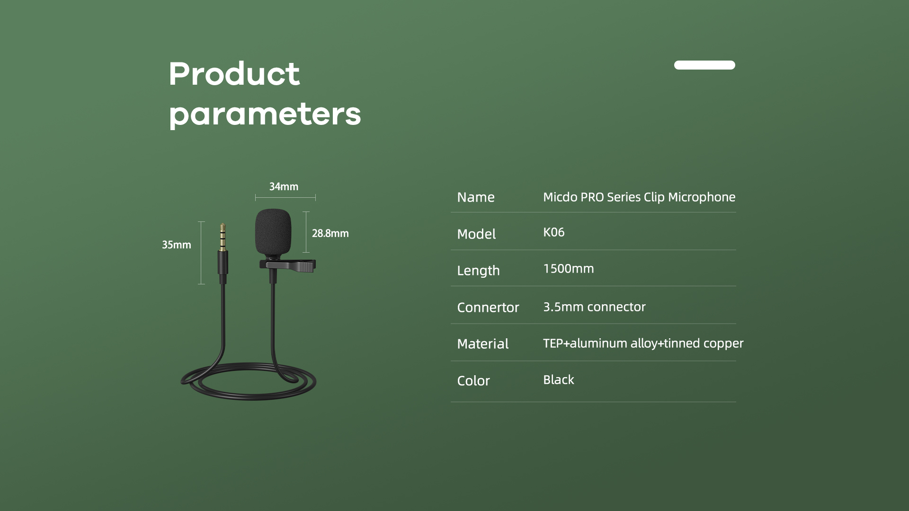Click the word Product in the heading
pos(234,74)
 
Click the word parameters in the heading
pos(265,115)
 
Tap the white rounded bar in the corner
pos(704,65)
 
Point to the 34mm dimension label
pos(284,186)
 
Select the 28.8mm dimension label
pos(330,233)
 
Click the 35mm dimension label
pos(177,245)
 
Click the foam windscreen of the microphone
pos(273,232)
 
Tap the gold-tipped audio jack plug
pos(223,250)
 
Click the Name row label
pos(476,197)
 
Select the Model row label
pos(476,234)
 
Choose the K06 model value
pos(554,232)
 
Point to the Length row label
pos(479,271)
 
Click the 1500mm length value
pos(569,269)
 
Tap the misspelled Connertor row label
pos(488,308)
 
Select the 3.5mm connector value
pos(594,307)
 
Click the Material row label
pos(483,344)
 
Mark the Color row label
pos(473,381)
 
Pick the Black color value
pos(559,380)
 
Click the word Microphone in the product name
pos(702,197)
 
